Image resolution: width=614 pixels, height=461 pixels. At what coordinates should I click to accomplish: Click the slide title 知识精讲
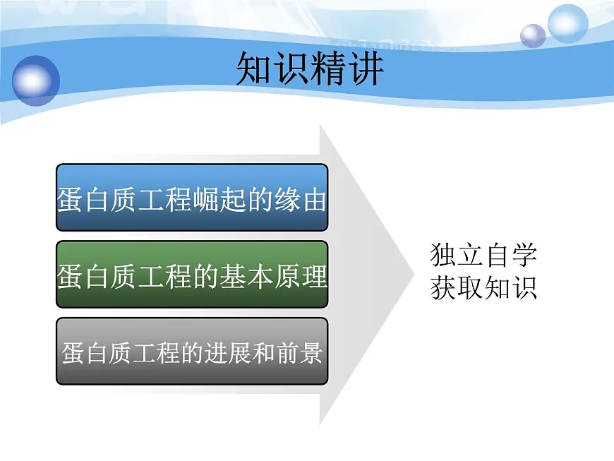(310, 68)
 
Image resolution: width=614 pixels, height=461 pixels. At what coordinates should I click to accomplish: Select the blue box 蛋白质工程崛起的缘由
(192, 198)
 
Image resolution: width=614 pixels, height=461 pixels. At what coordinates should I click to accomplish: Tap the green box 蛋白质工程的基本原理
(192, 275)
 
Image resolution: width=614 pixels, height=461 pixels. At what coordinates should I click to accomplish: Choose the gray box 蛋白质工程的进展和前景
(192, 351)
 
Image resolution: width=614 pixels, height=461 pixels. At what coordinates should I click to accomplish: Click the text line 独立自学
(483, 255)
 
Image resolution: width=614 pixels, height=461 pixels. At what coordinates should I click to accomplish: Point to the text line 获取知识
(483, 287)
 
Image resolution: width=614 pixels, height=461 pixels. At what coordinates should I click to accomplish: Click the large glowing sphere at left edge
(35, 81)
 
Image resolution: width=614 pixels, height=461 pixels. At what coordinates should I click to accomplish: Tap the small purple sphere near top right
(533, 35)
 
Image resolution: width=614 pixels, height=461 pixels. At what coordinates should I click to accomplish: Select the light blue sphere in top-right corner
(567, 23)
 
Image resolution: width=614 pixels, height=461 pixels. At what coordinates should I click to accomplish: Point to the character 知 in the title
(254, 68)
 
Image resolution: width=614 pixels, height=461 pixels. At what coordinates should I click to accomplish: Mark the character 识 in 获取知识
(524, 287)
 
